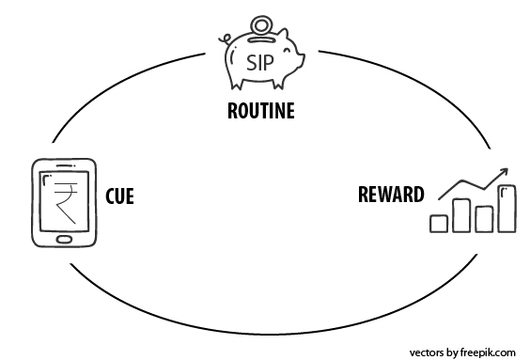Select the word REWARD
tap(390, 196)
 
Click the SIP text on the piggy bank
tap(261, 62)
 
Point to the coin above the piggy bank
tap(259, 21)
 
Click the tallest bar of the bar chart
tap(507, 208)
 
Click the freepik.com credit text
tap(461, 352)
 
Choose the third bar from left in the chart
tap(483, 218)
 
